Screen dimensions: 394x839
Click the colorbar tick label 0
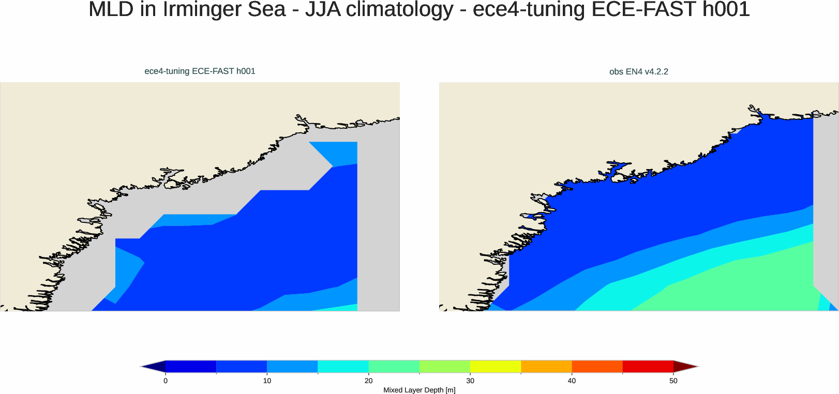pyautogui.click(x=166, y=381)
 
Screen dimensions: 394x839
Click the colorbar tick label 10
pyautogui.click(x=267, y=381)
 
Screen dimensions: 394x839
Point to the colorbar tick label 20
pyautogui.click(x=368, y=381)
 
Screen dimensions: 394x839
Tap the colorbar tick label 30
pyautogui.click(x=470, y=381)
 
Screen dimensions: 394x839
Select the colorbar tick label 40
pyautogui.click(x=572, y=381)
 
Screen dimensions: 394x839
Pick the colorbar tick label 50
pyautogui.click(x=673, y=381)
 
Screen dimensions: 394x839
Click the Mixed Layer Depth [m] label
pyautogui.click(x=419, y=390)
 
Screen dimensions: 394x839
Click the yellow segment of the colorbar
pyautogui.click(x=495, y=367)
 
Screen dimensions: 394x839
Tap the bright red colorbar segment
pyautogui.click(x=648, y=367)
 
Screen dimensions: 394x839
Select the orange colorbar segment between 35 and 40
pyautogui.click(x=546, y=367)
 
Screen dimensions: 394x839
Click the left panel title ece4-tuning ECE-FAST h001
pyautogui.click(x=200, y=71)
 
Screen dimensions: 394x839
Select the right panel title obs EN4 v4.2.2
pyautogui.click(x=638, y=72)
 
